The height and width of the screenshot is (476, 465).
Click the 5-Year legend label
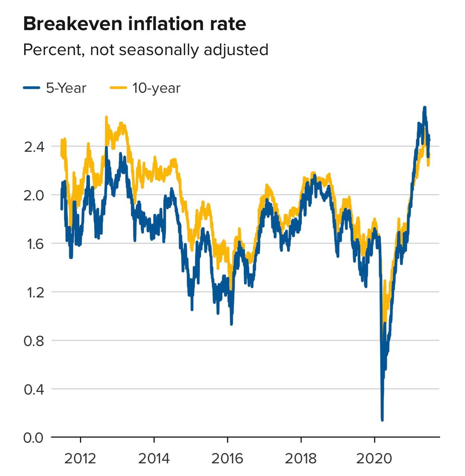66,88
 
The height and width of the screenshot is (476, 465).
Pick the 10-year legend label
156,88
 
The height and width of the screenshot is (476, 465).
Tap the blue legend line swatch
32,88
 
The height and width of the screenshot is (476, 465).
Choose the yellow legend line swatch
118,88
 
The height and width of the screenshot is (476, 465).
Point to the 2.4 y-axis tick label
34,147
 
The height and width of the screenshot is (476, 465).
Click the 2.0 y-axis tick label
34,195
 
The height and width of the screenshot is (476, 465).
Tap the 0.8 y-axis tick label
34,341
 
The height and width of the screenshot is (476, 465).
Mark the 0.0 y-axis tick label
34,438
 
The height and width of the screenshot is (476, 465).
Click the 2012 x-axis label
80,458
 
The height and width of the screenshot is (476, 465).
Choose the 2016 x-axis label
227,458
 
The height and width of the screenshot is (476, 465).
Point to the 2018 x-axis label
301,458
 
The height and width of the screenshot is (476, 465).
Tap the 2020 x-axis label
374,458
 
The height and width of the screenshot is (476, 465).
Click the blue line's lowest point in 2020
382,420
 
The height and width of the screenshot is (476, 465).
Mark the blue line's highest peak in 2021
424,107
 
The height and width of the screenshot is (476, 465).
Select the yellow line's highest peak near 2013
106,118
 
